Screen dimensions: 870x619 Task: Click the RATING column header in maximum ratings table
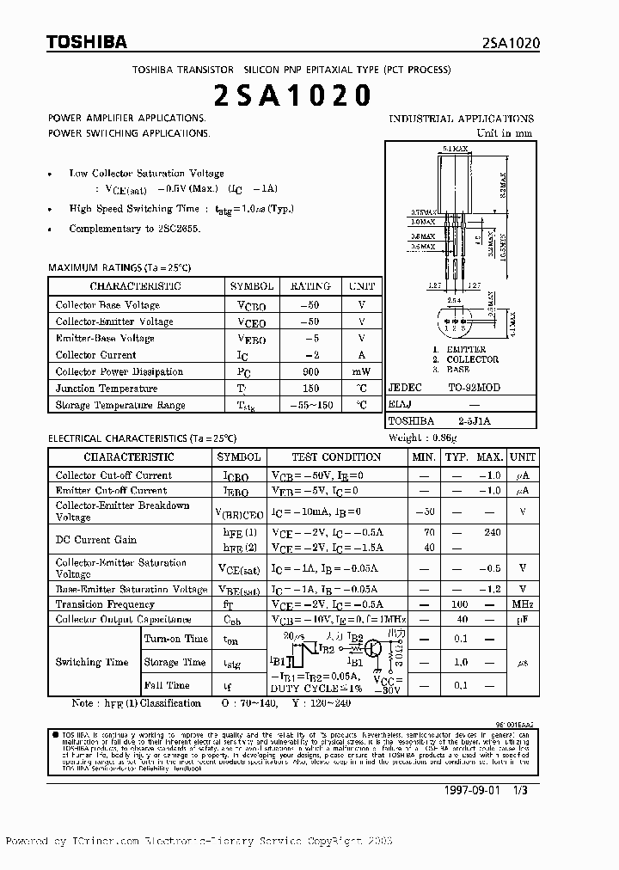(309, 286)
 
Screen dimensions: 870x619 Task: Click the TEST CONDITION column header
(336, 457)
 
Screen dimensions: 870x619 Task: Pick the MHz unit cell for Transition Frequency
(522, 604)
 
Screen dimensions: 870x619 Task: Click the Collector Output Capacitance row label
(124, 619)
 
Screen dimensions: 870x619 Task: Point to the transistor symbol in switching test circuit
(375, 650)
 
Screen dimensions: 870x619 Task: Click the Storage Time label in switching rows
(174, 662)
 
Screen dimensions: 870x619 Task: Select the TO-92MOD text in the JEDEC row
(473, 388)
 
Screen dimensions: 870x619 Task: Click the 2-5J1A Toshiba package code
(473, 422)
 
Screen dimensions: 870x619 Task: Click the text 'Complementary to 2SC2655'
(135, 229)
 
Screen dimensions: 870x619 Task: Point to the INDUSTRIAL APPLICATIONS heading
(462, 119)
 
